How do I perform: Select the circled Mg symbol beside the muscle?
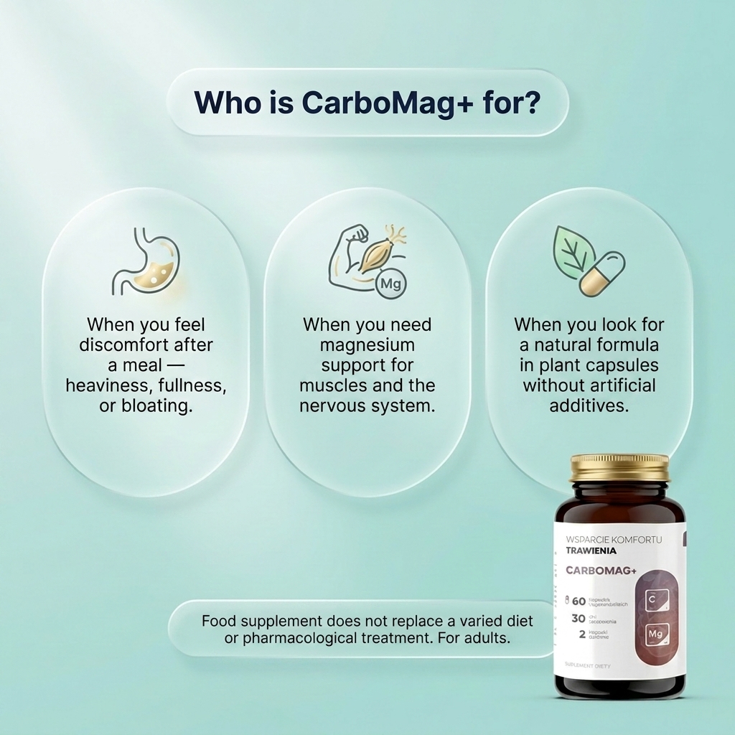(391, 283)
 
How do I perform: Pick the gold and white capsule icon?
(603, 273)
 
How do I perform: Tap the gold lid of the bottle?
(619, 468)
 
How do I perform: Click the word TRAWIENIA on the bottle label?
(591, 551)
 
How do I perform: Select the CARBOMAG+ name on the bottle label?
(601, 571)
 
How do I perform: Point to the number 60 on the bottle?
(579, 601)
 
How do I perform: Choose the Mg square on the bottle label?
(657, 634)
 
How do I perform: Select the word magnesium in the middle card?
(367, 345)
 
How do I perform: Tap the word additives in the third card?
(589, 405)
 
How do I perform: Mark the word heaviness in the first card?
(106, 385)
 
